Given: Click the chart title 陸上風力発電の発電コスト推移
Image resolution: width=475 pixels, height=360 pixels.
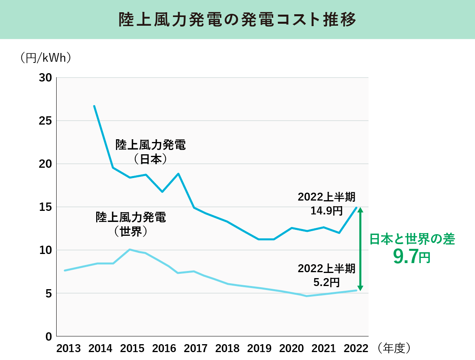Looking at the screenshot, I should click(237, 20).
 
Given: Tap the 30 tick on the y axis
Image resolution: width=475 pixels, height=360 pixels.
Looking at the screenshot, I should click(46, 78).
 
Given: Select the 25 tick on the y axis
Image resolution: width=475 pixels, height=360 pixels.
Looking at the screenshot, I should click(46, 121).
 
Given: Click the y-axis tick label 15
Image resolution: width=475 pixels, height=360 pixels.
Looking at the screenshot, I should click(46, 207).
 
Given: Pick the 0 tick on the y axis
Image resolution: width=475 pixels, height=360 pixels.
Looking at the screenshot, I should click(48, 336).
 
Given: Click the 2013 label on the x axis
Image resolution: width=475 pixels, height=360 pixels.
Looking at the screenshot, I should click(68, 349).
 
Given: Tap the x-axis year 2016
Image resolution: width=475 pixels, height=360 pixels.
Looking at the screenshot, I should click(164, 349).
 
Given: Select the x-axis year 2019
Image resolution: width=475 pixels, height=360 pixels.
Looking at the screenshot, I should click(260, 349).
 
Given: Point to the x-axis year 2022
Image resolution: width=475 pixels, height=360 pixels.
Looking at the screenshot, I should click(355, 349).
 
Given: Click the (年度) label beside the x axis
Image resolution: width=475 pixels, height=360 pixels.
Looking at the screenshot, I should click(394, 348).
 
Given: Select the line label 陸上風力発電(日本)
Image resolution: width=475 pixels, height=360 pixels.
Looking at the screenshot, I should click(150, 152).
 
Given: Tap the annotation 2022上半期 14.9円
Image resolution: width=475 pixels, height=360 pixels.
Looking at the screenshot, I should click(327, 204).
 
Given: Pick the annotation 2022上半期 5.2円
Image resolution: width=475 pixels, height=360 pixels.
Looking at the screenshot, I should click(327, 275).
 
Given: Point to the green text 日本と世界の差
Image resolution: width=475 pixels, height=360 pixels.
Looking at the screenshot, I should click(412, 239).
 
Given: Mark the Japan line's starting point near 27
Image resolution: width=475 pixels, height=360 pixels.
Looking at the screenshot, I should click(94, 106).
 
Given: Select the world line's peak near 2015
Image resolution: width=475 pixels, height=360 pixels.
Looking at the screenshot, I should click(130, 250).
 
